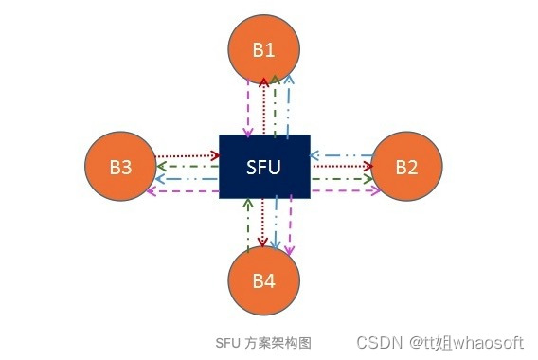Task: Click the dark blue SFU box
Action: [x=264, y=167]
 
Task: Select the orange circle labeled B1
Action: [x=264, y=49]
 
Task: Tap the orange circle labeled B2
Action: [x=406, y=167]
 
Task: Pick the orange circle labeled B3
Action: [x=120, y=168]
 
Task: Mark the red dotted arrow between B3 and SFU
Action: [x=187, y=156]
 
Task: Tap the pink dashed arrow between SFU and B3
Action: [x=187, y=190]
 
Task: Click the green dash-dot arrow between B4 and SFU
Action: [x=247, y=225]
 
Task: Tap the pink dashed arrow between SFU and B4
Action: [x=289, y=225]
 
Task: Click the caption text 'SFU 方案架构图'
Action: [x=263, y=342]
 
